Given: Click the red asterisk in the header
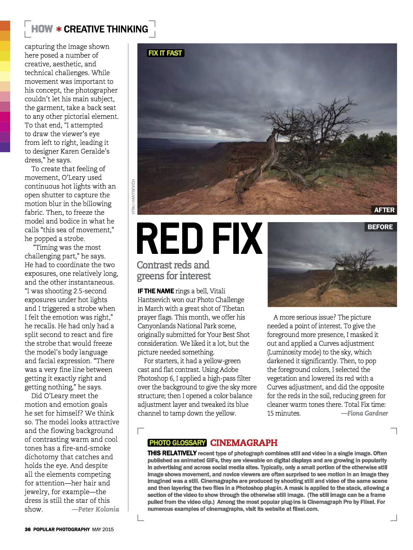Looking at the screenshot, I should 59,29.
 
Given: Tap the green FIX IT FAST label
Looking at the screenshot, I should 165,53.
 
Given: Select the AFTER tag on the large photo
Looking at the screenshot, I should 384,210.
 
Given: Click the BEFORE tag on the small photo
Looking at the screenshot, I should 380,227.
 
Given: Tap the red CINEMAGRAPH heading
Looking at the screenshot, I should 244,443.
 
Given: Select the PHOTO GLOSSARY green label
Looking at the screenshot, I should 177,443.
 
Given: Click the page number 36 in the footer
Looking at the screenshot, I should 28,529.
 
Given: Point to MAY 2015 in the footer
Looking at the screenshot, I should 103,529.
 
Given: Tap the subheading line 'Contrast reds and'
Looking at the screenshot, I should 173,265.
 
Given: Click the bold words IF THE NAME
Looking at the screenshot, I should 156,291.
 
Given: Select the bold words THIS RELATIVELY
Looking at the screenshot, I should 172,453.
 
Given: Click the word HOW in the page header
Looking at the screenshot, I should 42,29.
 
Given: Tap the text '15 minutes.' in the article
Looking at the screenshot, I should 284,413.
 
